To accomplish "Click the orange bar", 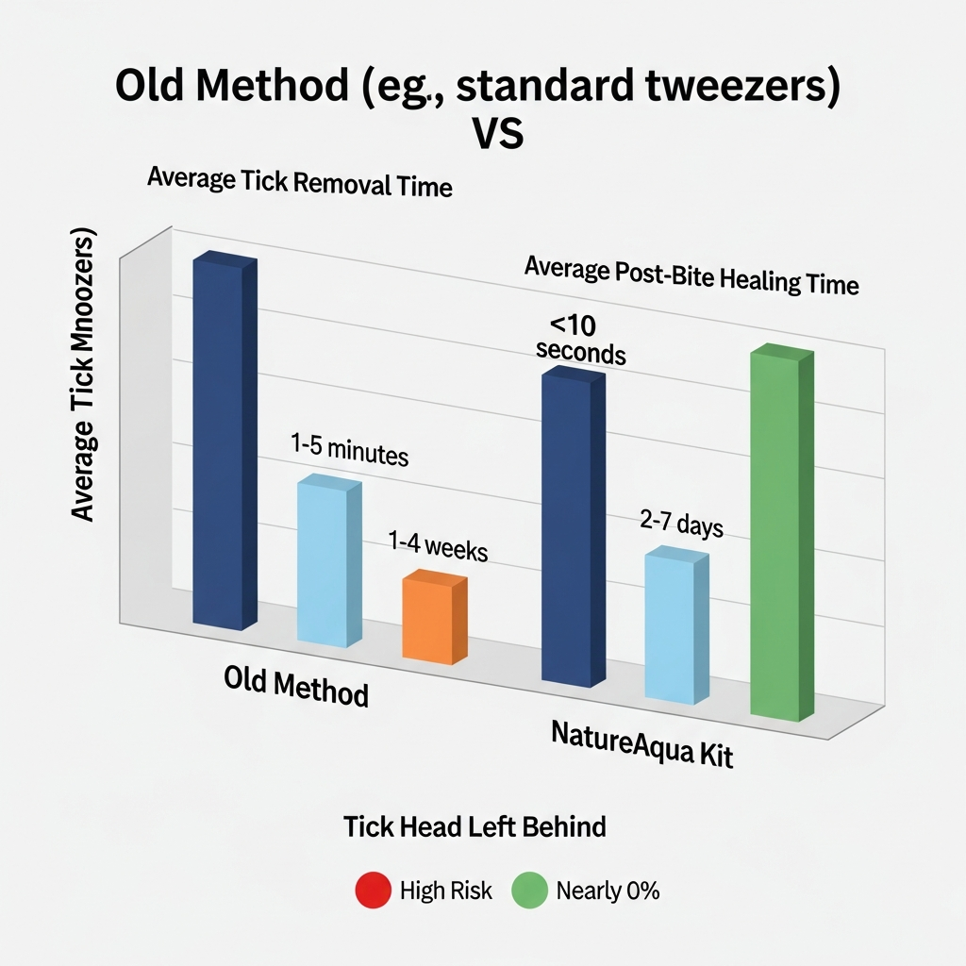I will tap(434, 618).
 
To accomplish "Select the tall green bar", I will tap(781, 533).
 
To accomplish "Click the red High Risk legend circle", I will tap(373, 891).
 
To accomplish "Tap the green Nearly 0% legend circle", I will tap(529, 891).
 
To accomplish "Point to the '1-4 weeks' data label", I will tap(438, 546).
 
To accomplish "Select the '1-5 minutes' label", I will tap(349, 450).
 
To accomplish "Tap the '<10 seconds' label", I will tap(580, 340).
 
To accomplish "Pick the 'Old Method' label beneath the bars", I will tap(296, 687).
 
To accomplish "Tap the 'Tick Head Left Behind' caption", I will tap(475, 827).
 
